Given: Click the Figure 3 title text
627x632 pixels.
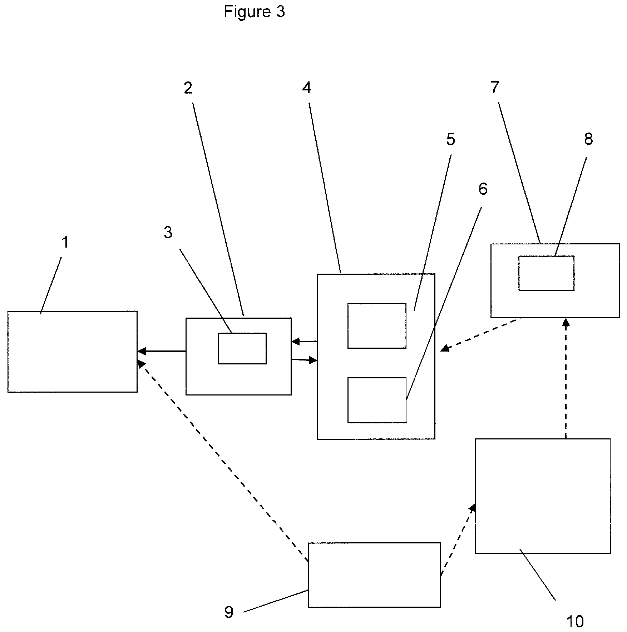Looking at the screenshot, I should (x=254, y=12).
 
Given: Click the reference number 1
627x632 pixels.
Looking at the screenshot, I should (x=65, y=242).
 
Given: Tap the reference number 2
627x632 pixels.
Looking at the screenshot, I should (x=188, y=88).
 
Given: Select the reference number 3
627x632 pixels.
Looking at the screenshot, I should (x=168, y=233).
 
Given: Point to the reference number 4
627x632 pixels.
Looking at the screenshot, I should (x=307, y=88).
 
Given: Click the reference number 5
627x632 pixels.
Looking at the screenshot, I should (x=450, y=139).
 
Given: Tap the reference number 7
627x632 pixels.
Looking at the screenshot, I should (x=495, y=88).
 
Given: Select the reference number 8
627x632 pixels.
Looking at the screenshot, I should (x=588, y=139).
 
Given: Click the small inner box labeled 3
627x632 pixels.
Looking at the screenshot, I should (x=242, y=348).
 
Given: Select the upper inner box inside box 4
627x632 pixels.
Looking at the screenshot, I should (x=377, y=325).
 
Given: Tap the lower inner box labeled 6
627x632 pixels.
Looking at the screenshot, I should (x=377, y=400).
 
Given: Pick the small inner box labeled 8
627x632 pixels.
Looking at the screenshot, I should (x=546, y=273).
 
